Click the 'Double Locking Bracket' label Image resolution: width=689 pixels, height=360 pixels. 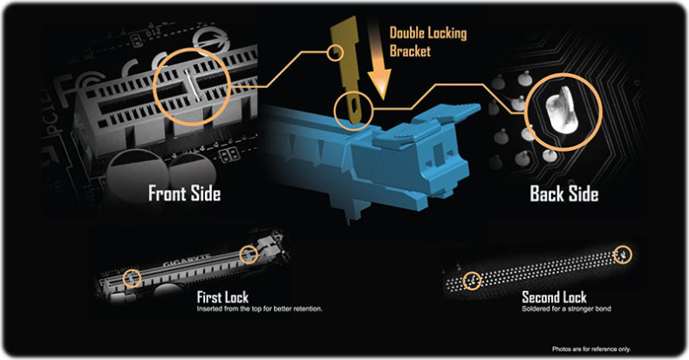[x=428, y=42]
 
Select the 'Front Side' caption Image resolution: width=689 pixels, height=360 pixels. [x=185, y=194]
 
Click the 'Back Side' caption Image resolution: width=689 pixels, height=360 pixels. [x=564, y=194]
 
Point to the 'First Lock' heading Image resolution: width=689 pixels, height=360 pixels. [x=222, y=297]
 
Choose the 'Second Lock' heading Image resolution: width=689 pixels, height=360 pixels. [x=554, y=297]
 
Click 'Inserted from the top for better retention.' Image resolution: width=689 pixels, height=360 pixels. [x=259, y=309]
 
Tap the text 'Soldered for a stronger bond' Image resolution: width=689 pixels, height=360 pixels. [x=566, y=309]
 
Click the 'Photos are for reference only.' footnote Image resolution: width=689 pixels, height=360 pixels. [x=591, y=349]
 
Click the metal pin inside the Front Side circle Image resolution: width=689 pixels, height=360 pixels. [x=193, y=85]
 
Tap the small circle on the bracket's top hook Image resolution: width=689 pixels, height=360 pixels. [x=336, y=53]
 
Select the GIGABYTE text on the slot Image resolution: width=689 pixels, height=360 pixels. [x=187, y=260]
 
